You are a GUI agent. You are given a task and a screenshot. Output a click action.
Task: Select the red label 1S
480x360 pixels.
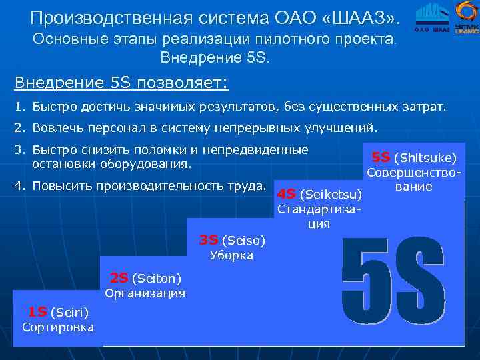pos(37,311)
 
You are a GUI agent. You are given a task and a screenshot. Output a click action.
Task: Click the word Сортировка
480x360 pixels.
pos(58,327)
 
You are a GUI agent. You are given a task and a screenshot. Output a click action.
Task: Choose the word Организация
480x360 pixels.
pos(145,293)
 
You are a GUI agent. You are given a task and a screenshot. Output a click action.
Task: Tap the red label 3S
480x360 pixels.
pos(209,239)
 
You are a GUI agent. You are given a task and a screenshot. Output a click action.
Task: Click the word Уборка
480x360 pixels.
pos(231,255)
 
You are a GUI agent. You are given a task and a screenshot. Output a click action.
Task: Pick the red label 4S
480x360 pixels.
pos(287,194)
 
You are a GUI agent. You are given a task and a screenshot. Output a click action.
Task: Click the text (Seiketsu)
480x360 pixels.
pos(331,195)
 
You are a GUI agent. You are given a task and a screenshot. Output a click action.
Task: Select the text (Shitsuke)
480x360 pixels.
pos(425,158)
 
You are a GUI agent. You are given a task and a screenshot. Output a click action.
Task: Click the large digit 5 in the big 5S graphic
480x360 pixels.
pos(366,281)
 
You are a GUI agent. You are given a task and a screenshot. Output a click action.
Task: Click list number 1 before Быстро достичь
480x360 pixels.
pos(19,107)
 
